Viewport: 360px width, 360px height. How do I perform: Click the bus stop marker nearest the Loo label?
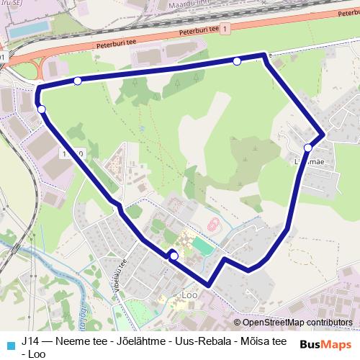[x=174, y=255]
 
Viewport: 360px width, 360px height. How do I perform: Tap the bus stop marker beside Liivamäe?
[x=308, y=148]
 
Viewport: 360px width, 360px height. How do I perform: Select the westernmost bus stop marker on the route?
[x=42, y=109]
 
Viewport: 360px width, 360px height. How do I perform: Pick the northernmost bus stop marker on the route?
[x=237, y=62]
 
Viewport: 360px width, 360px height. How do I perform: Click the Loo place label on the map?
[x=190, y=294]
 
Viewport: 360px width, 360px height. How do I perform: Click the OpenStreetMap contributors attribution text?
[x=297, y=322]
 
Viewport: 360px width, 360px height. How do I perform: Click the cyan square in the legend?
[x=10, y=344]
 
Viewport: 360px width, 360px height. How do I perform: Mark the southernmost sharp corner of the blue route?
[x=209, y=285]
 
